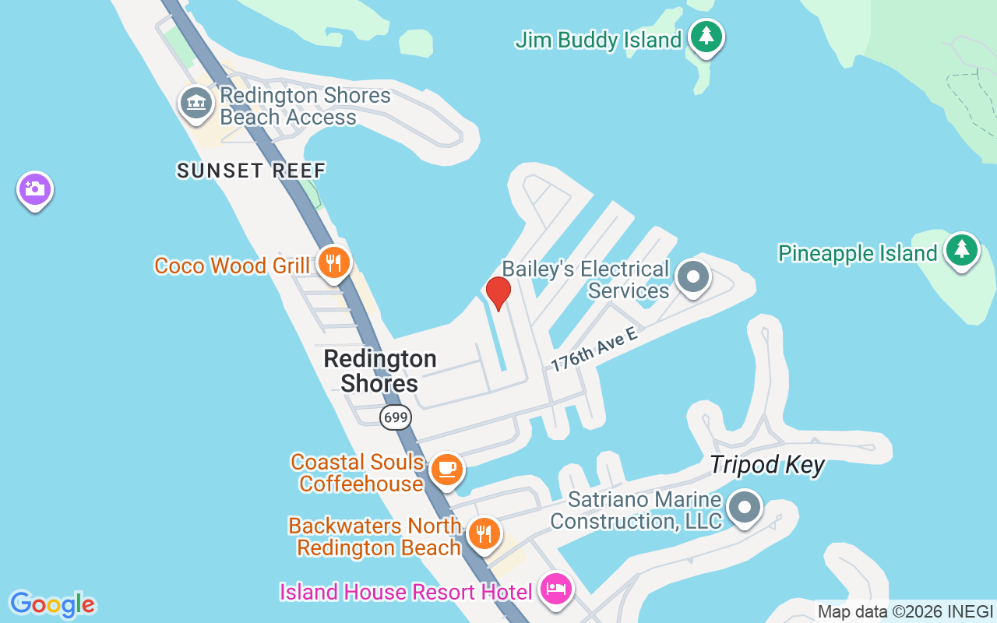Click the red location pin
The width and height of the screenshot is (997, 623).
pyautogui.click(x=498, y=293)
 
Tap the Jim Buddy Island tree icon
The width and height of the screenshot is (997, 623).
pyautogui.click(x=706, y=36)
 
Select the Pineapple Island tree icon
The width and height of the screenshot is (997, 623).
pyautogui.click(x=962, y=250)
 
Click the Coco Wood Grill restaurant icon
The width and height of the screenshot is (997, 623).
pyautogui.click(x=333, y=262)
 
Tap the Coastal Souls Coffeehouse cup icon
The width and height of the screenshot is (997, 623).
pyautogui.click(x=447, y=470)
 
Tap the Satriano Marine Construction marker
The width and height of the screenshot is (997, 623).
pyautogui.click(x=744, y=507)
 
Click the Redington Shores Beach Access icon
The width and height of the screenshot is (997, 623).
pyautogui.click(x=196, y=103)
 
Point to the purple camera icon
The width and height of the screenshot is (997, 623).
pyautogui.click(x=34, y=188)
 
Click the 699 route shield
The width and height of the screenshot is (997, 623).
pyautogui.click(x=396, y=417)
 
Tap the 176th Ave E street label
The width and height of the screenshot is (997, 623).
pyautogui.click(x=594, y=349)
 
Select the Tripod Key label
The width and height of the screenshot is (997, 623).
pyautogui.click(x=766, y=466)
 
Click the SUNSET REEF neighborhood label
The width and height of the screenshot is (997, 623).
pyautogui.click(x=251, y=171)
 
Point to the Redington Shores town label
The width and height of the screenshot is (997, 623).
pyautogui.click(x=380, y=371)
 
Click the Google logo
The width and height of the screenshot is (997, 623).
pyautogui.click(x=52, y=604)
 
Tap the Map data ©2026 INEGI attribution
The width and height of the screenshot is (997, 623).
pyautogui.click(x=905, y=611)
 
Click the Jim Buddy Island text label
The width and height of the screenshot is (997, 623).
pyautogui.click(x=598, y=40)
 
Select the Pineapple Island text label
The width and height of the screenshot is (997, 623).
pyautogui.click(x=858, y=253)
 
